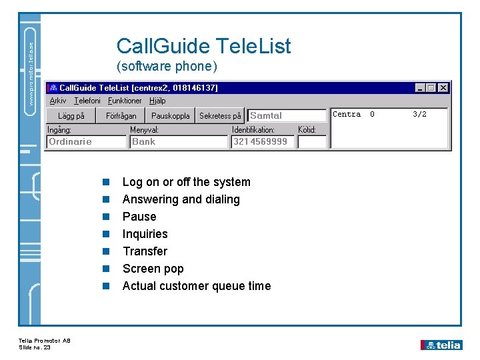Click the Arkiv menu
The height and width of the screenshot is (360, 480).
[x=58, y=101]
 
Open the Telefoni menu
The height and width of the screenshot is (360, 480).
[x=87, y=101]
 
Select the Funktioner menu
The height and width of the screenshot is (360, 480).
[x=125, y=101]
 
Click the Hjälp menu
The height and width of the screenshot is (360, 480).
[x=157, y=101]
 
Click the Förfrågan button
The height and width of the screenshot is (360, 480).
[x=121, y=115]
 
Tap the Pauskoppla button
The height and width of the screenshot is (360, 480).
[x=170, y=115]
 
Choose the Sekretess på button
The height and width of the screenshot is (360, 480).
[x=220, y=115]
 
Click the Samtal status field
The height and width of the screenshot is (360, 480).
[x=287, y=115]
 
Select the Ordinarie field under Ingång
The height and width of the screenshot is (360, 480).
[x=87, y=141]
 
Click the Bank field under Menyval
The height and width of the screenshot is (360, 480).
[x=178, y=141]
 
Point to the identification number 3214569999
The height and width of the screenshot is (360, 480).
[x=261, y=141]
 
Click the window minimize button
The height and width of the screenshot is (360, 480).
[x=419, y=87]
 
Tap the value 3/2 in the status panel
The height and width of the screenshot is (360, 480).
[x=419, y=114]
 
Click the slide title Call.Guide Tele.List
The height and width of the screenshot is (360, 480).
[x=203, y=46]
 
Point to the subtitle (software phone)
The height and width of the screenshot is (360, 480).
[x=167, y=67]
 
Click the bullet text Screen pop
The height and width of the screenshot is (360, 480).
[x=153, y=269]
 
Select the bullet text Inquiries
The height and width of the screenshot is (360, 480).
[x=145, y=234]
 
